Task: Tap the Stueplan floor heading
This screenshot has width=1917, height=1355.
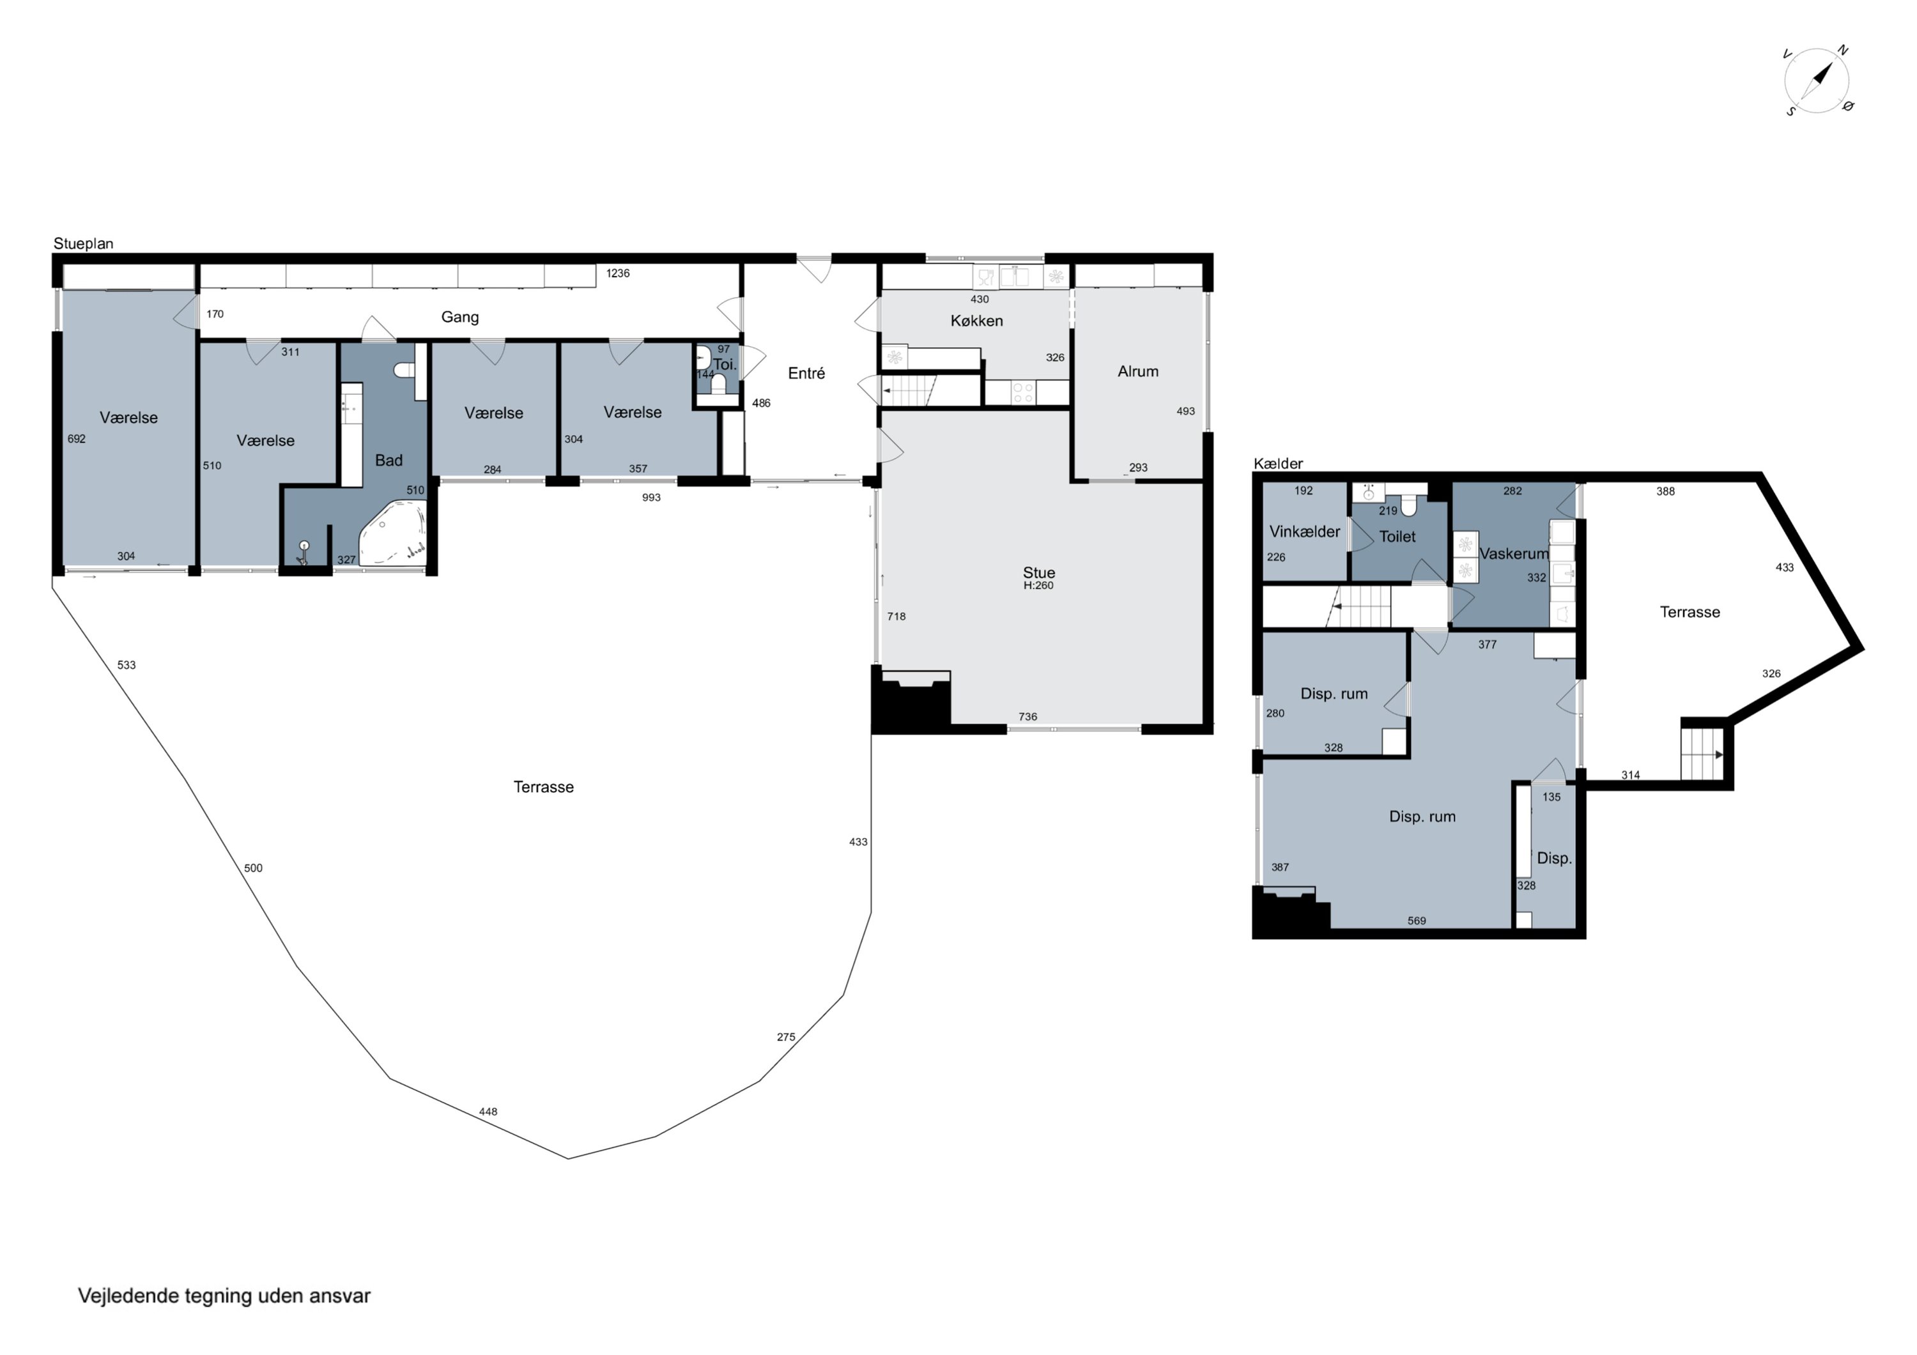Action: coord(84,244)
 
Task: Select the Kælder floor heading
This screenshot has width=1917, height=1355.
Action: coord(1278,463)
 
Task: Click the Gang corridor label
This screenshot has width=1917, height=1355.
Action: coord(460,318)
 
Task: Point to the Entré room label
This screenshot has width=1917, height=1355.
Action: coord(806,373)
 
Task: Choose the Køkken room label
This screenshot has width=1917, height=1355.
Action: coord(977,321)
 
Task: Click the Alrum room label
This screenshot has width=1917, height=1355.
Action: coord(1138,372)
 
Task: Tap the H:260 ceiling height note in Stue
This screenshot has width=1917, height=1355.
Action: coord(1038,586)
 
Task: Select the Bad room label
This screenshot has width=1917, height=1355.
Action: coord(389,460)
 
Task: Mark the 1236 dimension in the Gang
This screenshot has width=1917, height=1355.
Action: coord(618,273)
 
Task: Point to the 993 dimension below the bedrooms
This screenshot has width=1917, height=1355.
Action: coord(651,498)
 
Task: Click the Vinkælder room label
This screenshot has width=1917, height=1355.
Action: coord(1305,532)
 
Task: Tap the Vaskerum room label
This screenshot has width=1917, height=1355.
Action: coord(1514,553)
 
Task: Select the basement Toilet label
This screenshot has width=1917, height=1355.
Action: coord(1397,537)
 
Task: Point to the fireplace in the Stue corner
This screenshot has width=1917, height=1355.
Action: coord(912,701)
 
